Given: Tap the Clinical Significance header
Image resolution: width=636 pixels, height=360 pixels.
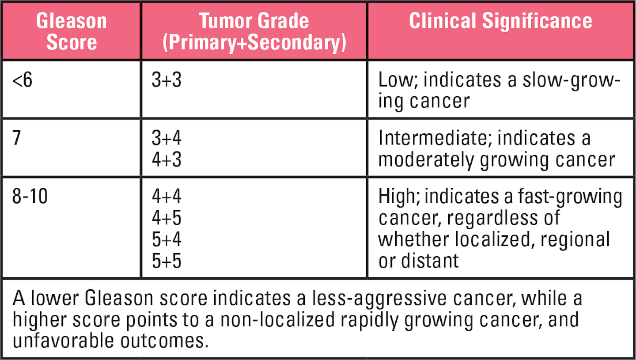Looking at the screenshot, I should click(x=500, y=21).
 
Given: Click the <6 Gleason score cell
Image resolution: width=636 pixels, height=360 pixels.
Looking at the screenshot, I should click(x=23, y=82).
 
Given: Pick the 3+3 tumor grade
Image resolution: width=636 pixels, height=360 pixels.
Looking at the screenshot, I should click(x=167, y=82).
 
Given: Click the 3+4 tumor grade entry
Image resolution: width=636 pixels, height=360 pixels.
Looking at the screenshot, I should click(x=167, y=139).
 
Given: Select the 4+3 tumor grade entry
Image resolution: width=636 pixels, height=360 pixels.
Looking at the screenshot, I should click(x=167, y=160).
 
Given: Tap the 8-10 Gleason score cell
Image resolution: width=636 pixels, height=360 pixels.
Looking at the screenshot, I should click(x=30, y=197).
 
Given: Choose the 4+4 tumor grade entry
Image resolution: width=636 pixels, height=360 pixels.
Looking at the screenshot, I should click(x=167, y=197).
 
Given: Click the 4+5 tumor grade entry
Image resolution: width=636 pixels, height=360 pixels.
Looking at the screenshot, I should click(x=167, y=218).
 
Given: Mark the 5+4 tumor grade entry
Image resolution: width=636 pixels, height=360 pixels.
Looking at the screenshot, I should click(x=167, y=239).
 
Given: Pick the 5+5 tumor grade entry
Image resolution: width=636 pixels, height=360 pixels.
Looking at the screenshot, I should click(x=167, y=260).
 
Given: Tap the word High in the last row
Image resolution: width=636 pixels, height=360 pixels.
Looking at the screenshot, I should click(x=395, y=197).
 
